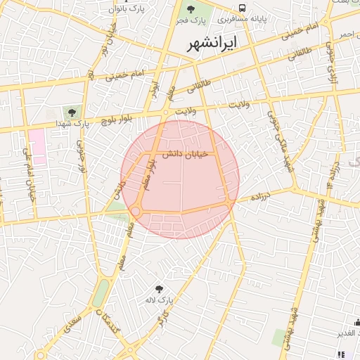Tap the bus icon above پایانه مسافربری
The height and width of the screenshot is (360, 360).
click(x=243, y=8)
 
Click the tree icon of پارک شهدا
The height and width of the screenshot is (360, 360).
click(x=70, y=112)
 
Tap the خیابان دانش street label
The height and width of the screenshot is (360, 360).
click(x=186, y=155)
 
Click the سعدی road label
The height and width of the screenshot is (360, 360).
click(x=71, y=324)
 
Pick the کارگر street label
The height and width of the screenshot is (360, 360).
click(x=164, y=321)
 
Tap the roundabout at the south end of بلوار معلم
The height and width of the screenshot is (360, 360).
click(x=135, y=211)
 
